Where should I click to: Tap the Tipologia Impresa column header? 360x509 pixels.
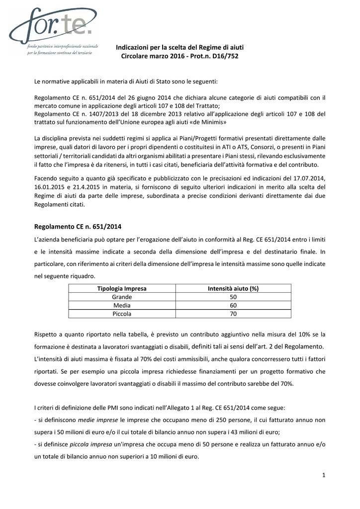coord(122,288)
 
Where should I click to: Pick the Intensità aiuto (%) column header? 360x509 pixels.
coord(233,288)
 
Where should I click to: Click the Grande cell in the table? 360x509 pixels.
coord(122,297)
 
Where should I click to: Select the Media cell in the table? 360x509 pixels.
coord(122,305)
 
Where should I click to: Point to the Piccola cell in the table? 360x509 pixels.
coord(122,314)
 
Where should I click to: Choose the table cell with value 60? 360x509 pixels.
coord(233,305)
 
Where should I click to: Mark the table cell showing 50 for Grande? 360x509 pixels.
coord(233,297)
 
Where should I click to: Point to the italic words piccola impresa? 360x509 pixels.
coord(91,444)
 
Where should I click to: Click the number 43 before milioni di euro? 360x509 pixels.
coord(219,432)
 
